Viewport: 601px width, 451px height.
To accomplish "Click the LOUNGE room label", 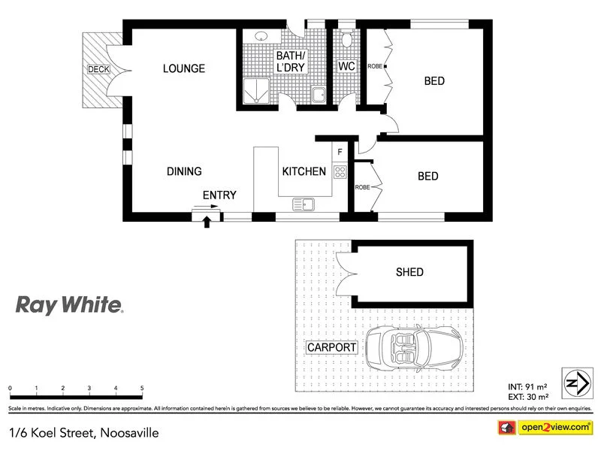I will click(184, 69).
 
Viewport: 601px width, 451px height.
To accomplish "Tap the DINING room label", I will click(184, 171).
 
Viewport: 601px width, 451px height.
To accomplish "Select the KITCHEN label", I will click(304, 171).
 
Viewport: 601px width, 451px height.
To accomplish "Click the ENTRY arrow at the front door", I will click(207, 222).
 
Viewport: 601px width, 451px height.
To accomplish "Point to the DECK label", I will click(98, 69).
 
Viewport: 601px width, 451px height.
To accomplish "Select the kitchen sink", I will click(304, 203).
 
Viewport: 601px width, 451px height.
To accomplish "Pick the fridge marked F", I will click(340, 153).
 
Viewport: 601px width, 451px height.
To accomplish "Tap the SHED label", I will click(409, 272).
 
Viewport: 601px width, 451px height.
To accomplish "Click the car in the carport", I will click(412, 350).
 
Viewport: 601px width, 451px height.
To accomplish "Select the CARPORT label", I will click(331, 348).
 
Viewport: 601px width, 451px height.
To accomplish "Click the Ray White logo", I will click(70, 304).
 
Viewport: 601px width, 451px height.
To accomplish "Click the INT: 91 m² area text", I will click(528, 387).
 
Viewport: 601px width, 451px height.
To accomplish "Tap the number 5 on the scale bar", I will click(142, 389).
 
